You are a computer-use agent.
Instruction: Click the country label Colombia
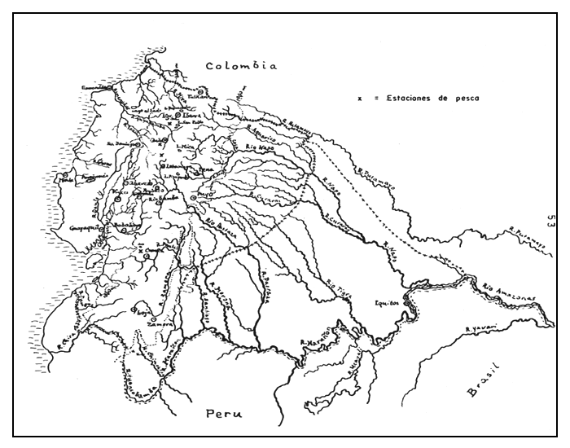[242, 66]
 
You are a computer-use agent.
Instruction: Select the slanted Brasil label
[482, 383]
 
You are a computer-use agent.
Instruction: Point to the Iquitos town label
[388, 300]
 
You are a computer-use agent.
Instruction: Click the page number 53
[551, 222]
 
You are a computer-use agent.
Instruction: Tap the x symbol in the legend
[360, 97]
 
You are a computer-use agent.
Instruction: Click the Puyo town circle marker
[193, 197]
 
